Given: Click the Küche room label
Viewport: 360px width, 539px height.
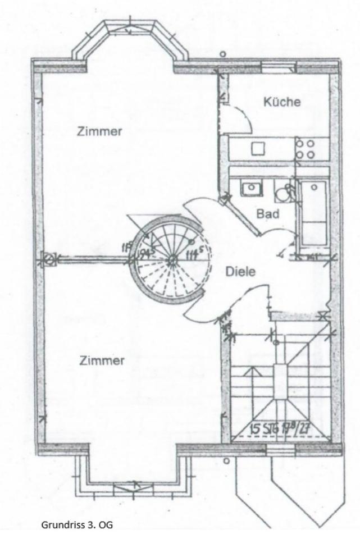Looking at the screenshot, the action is coord(282,102).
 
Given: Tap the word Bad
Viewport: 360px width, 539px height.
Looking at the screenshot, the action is coord(268,214).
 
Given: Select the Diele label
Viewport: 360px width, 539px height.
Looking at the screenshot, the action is coord(240,272).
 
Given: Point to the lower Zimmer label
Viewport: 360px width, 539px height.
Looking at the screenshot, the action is coord(102,360).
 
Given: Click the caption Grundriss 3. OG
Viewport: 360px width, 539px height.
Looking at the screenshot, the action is coord(77,525).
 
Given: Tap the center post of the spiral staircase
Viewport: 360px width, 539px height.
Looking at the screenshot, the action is coord(172,258).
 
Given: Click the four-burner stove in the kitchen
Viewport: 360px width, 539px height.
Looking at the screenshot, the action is coord(306,148).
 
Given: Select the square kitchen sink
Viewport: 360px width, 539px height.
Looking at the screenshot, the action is coord(258,148).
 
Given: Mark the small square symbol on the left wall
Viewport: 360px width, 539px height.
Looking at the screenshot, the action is coord(49,259).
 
